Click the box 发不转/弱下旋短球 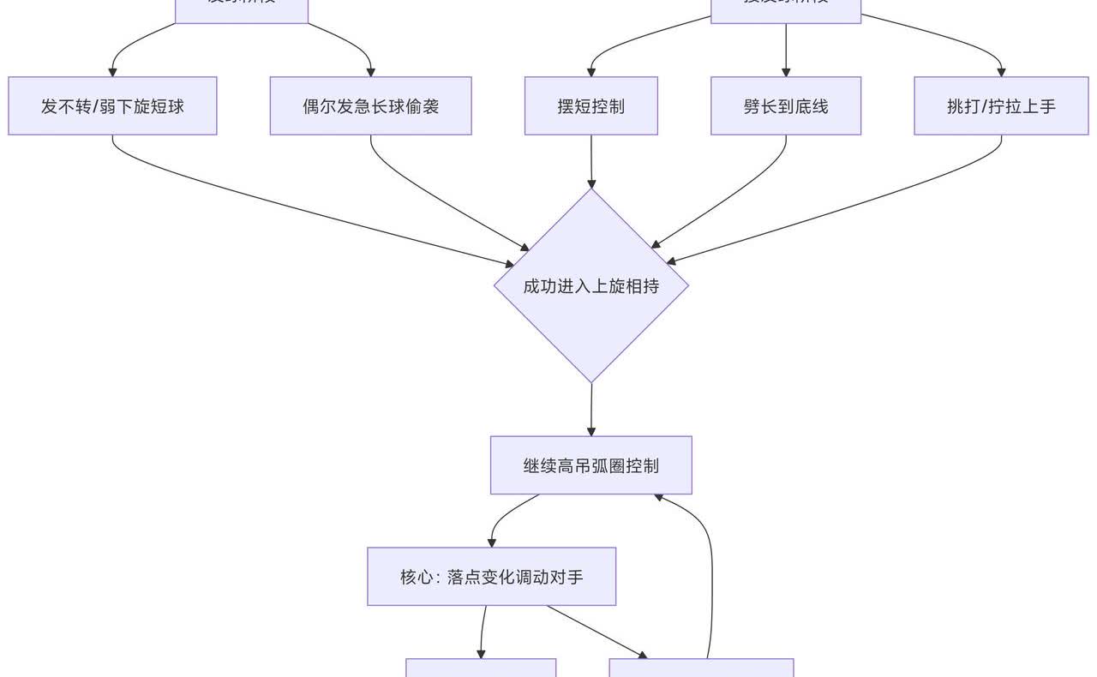click(112, 106)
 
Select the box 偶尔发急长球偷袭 click(370, 106)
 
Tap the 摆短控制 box click(590, 106)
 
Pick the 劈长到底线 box click(786, 106)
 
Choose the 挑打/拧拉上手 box click(1001, 106)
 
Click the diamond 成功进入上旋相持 click(591, 285)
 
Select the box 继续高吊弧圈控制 click(590, 465)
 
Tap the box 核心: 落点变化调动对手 click(491, 577)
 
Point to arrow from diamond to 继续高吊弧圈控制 click(591, 409)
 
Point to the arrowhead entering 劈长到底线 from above click(786, 71)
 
